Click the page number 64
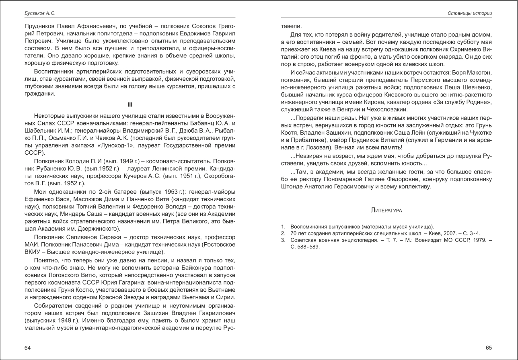click(x=27, y=348)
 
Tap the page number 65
click(x=489, y=348)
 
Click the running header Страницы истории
click(x=470, y=13)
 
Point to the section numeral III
click(x=129, y=105)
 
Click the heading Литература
click(x=386, y=210)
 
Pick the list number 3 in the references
click(x=283, y=240)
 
